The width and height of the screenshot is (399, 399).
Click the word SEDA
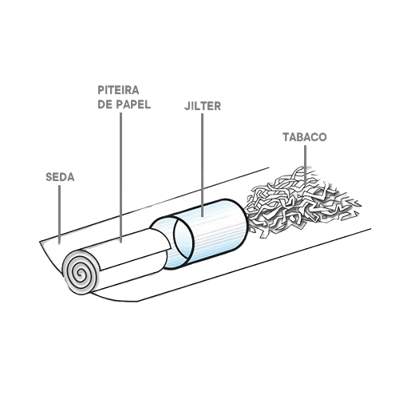pyautogui.click(x=60, y=177)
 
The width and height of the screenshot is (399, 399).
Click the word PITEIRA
pyautogui.click(x=118, y=90)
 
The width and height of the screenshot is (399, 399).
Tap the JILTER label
pyautogui.click(x=203, y=106)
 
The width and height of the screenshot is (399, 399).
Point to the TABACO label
pyautogui.click(x=305, y=137)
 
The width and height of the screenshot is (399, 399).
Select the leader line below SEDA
pyautogui.click(x=60, y=215)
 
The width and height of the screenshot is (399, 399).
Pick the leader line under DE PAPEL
pyautogui.click(x=120, y=178)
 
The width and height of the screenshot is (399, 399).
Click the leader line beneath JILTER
pyautogui.click(x=203, y=165)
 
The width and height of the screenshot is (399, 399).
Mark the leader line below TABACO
pyautogui.click(x=305, y=163)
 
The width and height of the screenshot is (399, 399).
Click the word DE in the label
pyautogui.click(x=105, y=105)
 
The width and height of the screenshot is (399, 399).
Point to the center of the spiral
pyautogui.click(x=80, y=273)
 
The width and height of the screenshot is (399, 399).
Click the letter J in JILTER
pyautogui.click(x=188, y=106)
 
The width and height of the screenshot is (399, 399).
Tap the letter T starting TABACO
pyautogui.click(x=286, y=137)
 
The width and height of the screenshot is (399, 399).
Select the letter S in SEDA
pyautogui.click(x=49, y=177)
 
